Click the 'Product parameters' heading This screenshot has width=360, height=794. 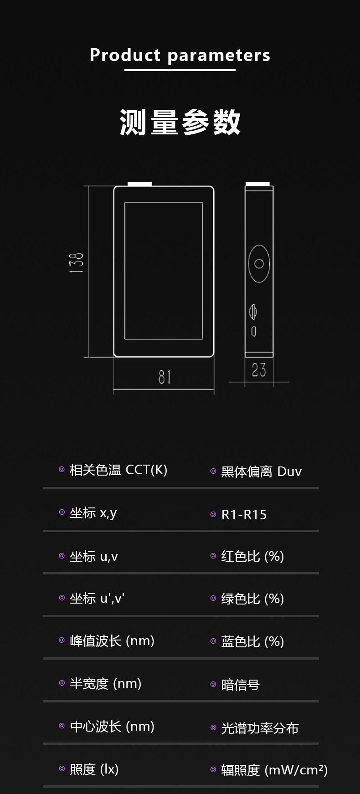(180, 55)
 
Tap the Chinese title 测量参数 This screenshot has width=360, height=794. (180, 122)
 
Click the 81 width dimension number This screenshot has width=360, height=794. (165, 377)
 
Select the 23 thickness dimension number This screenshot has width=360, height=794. (259, 369)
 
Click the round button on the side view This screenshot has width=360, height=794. (259, 264)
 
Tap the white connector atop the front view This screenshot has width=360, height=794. (139, 184)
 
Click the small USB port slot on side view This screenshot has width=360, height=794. (254, 331)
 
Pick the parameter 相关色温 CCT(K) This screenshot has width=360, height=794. (118, 470)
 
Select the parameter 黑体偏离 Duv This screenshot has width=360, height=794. (261, 471)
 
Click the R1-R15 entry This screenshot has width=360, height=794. (244, 515)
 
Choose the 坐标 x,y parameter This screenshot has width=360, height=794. (93, 513)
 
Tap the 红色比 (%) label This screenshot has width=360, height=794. (252, 556)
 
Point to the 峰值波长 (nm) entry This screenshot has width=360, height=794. (112, 641)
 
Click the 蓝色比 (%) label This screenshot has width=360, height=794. (252, 641)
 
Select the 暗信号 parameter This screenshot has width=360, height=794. (240, 685)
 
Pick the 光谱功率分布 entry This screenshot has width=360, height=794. (260, 728)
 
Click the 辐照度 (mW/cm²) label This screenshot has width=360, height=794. (274, 770)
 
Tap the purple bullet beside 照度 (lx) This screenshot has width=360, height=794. (62, 769)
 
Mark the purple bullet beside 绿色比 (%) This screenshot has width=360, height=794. (213, 598)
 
